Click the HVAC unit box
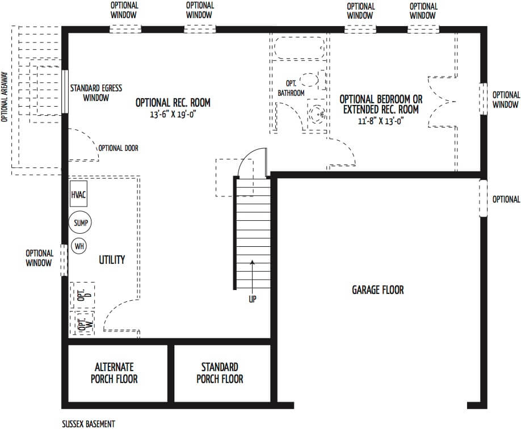point(78,194)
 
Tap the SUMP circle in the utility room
point(80,222)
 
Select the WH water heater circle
point(79,246)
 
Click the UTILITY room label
point(112,259)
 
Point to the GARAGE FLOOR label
point(378,290)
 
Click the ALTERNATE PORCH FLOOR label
point(114,373)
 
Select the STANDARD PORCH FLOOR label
point(220,373)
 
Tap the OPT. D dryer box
point(82,295)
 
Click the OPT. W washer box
point(82,323)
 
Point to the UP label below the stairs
point(253,299)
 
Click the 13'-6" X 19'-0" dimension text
point(173,115)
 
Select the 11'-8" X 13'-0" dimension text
point(381,121)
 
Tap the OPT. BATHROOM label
point(291,89)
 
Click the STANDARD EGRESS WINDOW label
point(96,93)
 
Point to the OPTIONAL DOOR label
point(118,148)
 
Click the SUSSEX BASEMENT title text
point(89,424)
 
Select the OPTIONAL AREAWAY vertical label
point(5,96)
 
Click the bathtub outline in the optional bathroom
point(299,48)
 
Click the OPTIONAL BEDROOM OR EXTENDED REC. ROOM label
point(381,104)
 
